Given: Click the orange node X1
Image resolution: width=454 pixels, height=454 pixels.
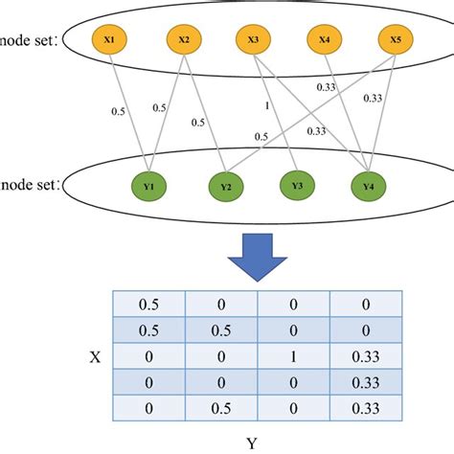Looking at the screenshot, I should point(109,40).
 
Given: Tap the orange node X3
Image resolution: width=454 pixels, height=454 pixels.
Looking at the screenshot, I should point(253,40).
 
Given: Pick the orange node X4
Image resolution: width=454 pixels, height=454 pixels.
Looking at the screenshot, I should point(324,40).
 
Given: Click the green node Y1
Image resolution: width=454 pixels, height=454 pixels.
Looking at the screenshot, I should point(150,186).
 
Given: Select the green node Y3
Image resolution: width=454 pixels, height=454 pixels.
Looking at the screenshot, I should point(296,186).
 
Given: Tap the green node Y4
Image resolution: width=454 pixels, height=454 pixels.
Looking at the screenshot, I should point(368,186).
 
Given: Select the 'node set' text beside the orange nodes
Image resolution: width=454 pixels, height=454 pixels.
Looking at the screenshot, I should point(29,41).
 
